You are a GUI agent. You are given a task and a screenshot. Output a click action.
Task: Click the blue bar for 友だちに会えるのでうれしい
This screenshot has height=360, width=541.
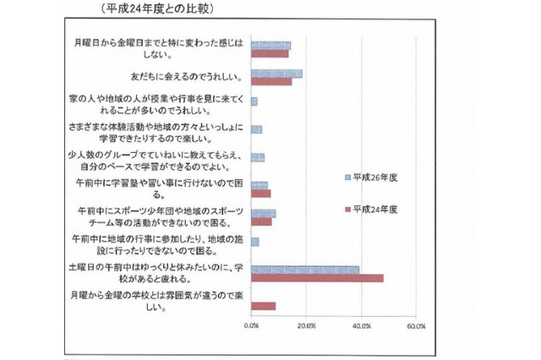[276, 74]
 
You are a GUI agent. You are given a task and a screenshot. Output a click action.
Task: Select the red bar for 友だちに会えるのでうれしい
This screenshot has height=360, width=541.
[271, 82]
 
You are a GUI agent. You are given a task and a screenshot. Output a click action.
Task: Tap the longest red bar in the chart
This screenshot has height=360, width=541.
[317, 277]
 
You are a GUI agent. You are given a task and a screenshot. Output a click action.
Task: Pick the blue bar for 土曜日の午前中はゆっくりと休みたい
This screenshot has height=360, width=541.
[305, 270]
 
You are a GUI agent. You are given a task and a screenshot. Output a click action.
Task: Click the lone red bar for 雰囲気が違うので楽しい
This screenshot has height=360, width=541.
[263, 305]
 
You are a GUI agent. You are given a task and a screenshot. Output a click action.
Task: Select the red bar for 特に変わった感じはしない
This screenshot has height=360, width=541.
[270, 53]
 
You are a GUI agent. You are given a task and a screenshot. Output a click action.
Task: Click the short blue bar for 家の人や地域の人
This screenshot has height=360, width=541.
[254, 101]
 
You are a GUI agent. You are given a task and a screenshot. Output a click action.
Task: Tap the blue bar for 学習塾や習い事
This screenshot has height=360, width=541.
[259, 185]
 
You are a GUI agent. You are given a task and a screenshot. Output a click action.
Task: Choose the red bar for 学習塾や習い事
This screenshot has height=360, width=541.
[260, 193]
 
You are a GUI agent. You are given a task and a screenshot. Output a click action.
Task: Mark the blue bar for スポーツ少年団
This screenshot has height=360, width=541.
[263, 213]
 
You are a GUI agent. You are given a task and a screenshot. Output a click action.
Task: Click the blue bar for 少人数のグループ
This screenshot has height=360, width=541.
[258, 157]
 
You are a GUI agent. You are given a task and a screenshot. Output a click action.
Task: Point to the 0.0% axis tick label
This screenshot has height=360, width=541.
[252, 325]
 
